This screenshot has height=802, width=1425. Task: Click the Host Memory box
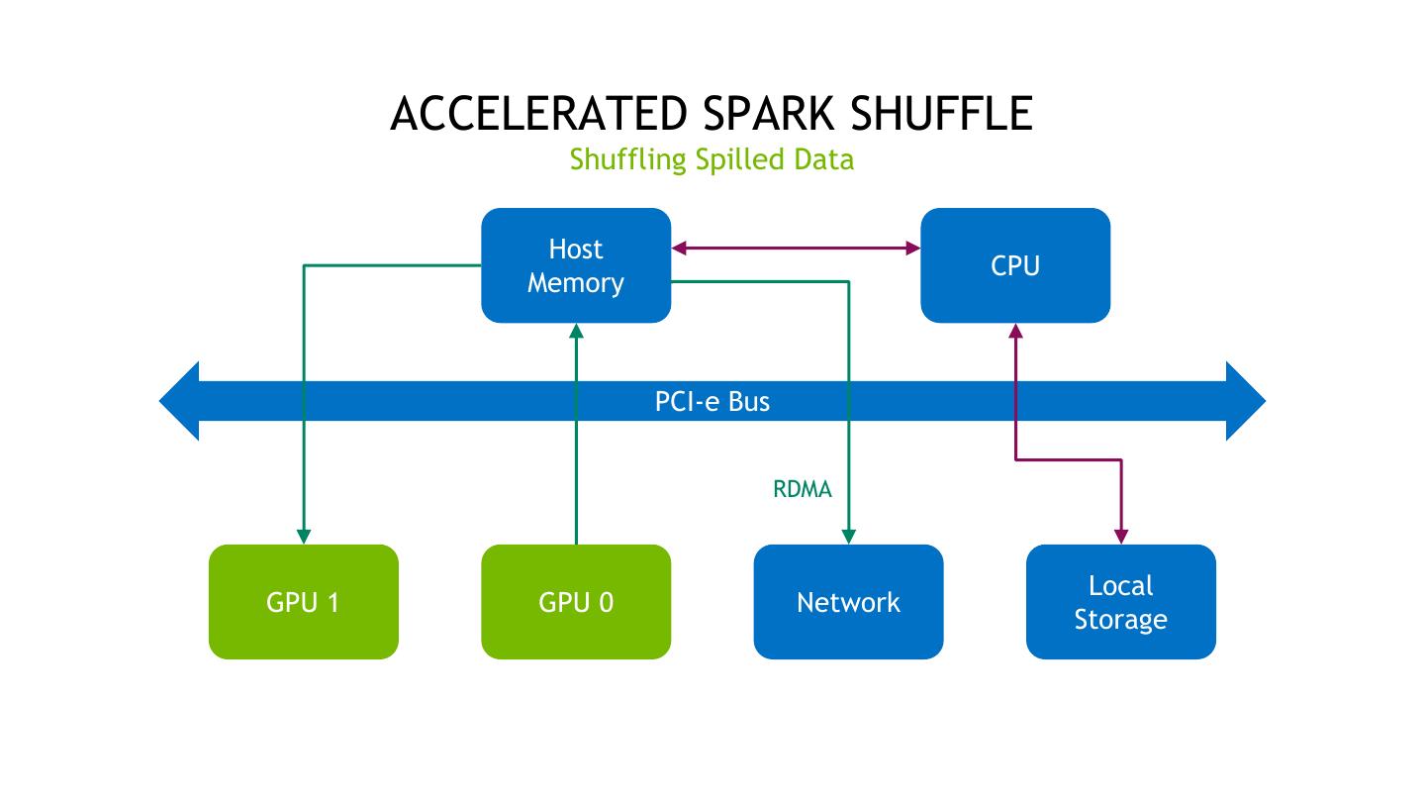(576, 265)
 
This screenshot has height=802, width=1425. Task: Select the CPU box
(1015, 265)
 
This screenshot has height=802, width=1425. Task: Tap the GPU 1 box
(303, 602)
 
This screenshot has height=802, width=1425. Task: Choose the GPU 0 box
(576, 602)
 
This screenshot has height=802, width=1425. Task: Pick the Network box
(848, 602)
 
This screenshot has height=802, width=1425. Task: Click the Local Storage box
(1120, 602)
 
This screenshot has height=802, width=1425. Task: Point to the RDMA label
(802, 489)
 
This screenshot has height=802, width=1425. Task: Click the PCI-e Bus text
(712, 401)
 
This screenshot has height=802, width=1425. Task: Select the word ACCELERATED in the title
(538, 114)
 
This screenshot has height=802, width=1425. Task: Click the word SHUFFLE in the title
(941, 114)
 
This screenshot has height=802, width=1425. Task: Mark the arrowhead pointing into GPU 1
(304, 536)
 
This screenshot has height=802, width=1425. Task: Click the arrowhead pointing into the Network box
(848, 536)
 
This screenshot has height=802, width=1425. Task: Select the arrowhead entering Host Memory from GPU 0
(576, 331)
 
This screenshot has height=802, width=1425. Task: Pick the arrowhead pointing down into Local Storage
(1121, 536)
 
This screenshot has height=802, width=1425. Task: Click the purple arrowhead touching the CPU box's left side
(912, 248)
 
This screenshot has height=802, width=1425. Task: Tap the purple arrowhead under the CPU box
(1015, 332)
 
